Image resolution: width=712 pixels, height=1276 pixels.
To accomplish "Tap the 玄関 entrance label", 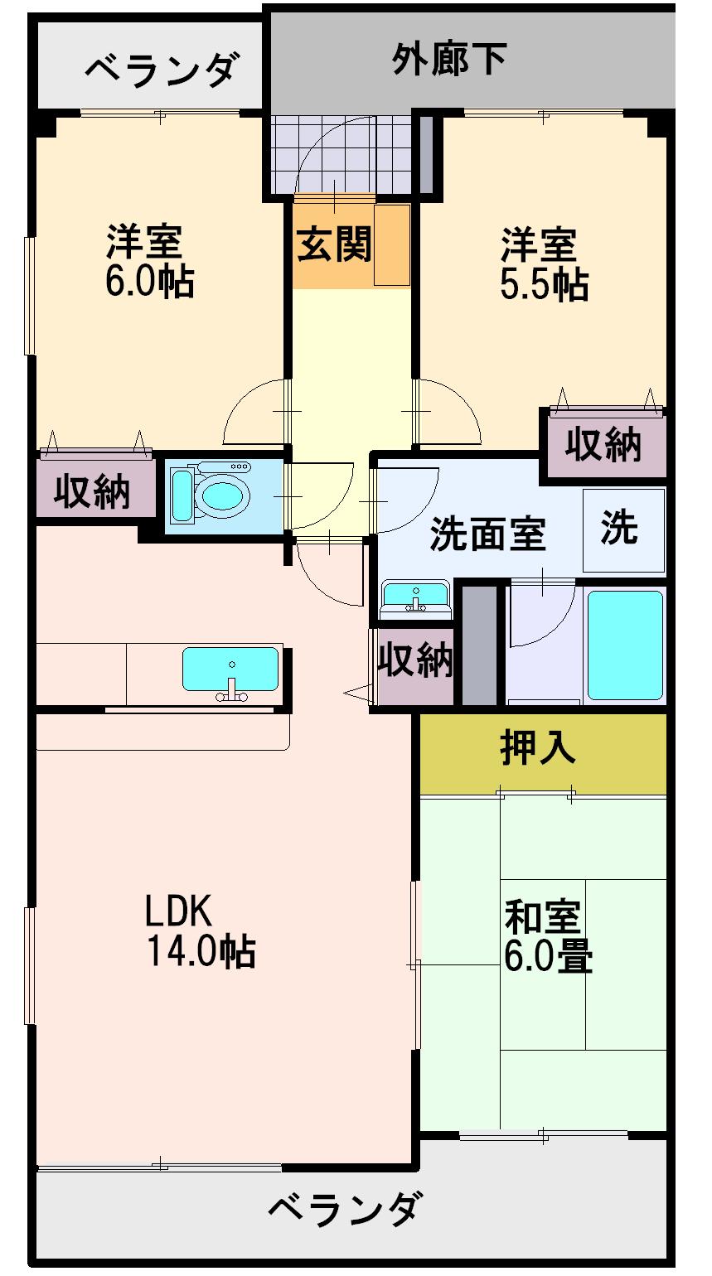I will [x=334, y=244].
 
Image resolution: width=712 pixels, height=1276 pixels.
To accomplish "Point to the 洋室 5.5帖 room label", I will [x=543, y=264].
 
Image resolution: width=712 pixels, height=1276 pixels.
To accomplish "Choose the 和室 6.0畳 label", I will [x=547, y=937].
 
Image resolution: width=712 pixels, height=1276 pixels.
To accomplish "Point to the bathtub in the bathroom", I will [x=625, y=645].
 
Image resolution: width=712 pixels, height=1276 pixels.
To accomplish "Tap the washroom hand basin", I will [x=415, y=596].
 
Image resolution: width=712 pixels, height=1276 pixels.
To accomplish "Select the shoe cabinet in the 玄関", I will [x=392, y=244].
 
